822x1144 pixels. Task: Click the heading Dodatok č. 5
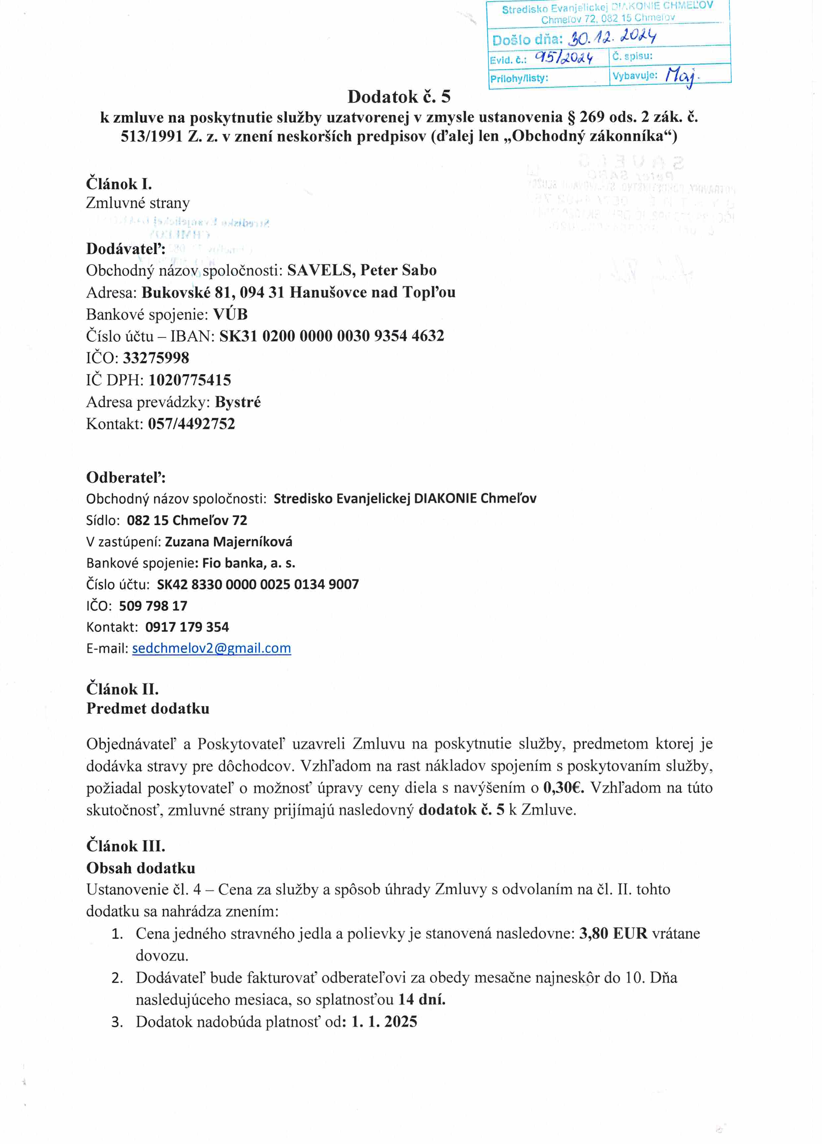click(398, 96)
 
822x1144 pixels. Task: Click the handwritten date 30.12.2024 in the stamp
click(612, 37)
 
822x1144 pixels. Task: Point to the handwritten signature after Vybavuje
click(680, 76)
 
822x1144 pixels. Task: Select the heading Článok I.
click(119, 184)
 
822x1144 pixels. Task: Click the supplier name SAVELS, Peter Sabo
click(362, 270)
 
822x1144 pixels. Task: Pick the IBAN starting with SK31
click(331, 336)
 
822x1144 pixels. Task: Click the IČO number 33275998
click(156, 358)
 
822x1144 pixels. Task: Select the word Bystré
click(238, 402)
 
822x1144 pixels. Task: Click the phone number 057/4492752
click(192, 424)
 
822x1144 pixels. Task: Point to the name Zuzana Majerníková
click(228, 542)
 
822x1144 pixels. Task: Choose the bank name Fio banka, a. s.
click(249, 563)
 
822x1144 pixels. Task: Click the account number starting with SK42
click(258, 584)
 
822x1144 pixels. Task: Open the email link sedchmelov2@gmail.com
click(211, 648)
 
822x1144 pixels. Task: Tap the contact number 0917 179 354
click(187, 627)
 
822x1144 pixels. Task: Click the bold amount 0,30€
click(563, 788)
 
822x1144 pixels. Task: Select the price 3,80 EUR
click(613, 933)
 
